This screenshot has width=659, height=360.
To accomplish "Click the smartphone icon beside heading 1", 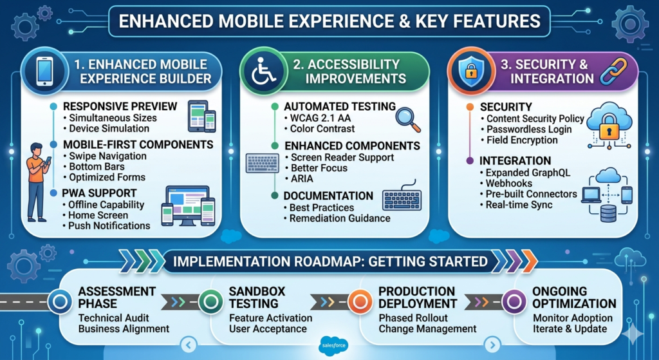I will tap(44, 71).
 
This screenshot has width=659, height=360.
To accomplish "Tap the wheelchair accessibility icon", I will tap(262, 71).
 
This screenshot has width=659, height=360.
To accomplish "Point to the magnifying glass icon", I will tap(407, 118).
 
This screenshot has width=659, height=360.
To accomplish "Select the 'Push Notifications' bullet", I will tap(109, 225).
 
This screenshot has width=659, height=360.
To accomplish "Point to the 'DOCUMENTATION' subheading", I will tap(328, 196).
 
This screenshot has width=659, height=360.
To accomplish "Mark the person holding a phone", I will tap(37, 180).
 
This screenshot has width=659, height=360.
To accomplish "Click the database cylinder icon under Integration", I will tap(608, 213).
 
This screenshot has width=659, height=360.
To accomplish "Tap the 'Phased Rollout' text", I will tap(415, 317).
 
